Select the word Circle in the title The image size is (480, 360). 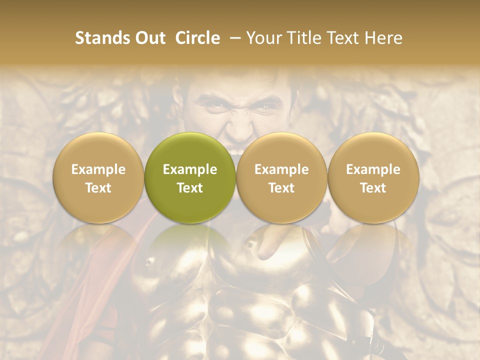pyautogui.click(x=197, y=38)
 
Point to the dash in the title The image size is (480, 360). pyautogui.click(x=233, y=38)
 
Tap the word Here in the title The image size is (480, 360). pyautogui.click(x=383, y=38)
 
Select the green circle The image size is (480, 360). pyautogui.click(x=190, y=177)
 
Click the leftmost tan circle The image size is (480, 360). pyautogui.click(x=98, y=177)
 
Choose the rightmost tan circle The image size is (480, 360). pyautogui.click(x=373, y=177)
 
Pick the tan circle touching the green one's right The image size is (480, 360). pyautogui.click(x=281, y=177)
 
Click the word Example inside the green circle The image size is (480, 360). pyautogui.click(x=190, y=169)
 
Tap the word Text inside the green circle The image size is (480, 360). pyautogui.click(x=190, y=188)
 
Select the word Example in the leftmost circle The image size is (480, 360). pyautogui.click(x=98, y=169)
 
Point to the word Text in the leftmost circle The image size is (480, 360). pyautogui.click(x=98, y=188)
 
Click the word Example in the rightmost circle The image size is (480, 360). pyautogui.click(x=373, y=169)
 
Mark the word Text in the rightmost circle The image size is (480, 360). pyautogui.click(x=373, y=188)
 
